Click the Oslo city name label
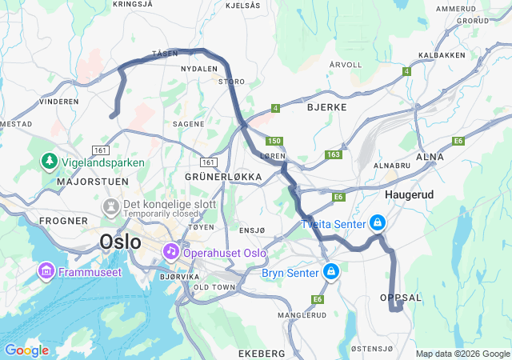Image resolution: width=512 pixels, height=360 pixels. pyautogui.click(x=122, y=241)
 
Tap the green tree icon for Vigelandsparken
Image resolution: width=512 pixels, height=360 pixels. pyautogui.click(x=50, y=162)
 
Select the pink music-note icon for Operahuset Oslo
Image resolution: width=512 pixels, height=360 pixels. pyautogui.click(x=170, y=252)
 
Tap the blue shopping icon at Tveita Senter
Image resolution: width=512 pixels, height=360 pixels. pyautogui.click(x=378, y=223)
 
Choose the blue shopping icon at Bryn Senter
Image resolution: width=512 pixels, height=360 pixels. pyautogui.click(x=330, y=273)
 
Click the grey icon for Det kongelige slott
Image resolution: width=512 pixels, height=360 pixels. pyautogui.click(x=109, y=207)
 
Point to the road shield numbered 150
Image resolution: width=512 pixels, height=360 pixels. pyautogui.click(x=275, y=141)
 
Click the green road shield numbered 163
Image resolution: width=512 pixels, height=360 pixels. pyautogui.click(x=334, y=154)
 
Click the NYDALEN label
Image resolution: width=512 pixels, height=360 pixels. pyautogui.click(x=199, y=70)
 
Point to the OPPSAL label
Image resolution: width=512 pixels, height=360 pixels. pyautogui.click(x=400, y=297)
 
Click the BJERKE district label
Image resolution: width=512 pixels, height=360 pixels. pyautogui.click(x=326, y=106)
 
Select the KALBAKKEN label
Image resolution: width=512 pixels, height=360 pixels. pyautogui.click(x=442, y=56)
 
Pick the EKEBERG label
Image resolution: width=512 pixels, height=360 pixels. pyautogui.click(x=262, y=353)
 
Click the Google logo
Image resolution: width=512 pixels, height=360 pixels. pyautogui.click(x=26, y=350)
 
